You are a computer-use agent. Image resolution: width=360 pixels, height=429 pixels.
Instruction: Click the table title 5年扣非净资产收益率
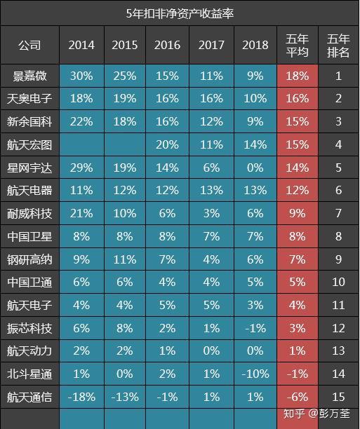coord(180,13)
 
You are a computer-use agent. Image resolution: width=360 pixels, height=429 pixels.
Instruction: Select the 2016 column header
coord(167,45)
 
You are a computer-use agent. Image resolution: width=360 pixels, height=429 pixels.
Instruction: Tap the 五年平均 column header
coord(298,45)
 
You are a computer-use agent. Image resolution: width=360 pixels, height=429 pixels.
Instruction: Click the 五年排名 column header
coord(338,45)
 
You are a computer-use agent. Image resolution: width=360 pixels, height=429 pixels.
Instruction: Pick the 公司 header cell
coord(29,45)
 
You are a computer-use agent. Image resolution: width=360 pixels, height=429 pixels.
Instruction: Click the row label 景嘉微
coord(29,76)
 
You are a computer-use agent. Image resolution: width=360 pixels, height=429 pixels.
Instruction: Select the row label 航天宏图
coord(29,144)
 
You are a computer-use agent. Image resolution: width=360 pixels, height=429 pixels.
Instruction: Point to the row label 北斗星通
coord(29,374)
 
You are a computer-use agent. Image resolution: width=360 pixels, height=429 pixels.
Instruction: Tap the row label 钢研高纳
coord(29,259)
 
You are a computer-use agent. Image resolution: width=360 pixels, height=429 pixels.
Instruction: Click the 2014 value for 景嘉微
coord(81,76)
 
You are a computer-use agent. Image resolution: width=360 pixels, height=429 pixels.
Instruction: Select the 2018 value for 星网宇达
coord(255,168)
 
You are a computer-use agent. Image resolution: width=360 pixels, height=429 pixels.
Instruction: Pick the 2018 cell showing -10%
coord(255,374)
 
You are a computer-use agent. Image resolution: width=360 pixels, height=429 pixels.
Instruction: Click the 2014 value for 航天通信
coord(81,397)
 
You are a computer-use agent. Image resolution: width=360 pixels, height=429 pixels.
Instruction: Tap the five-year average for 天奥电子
coord(298,99)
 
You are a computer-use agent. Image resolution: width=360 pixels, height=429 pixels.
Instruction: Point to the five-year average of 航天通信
coord(298,397)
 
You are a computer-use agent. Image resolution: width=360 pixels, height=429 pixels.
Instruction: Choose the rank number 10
coord(338,282)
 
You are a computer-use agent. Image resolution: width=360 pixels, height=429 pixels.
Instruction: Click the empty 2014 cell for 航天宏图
coord(81,144)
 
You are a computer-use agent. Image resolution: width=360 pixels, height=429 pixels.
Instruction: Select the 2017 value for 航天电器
coord(211,191)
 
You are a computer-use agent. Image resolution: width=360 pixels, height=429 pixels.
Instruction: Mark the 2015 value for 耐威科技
coord(125,213)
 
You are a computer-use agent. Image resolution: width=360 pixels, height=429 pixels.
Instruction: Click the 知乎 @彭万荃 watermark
coord(316,414)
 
